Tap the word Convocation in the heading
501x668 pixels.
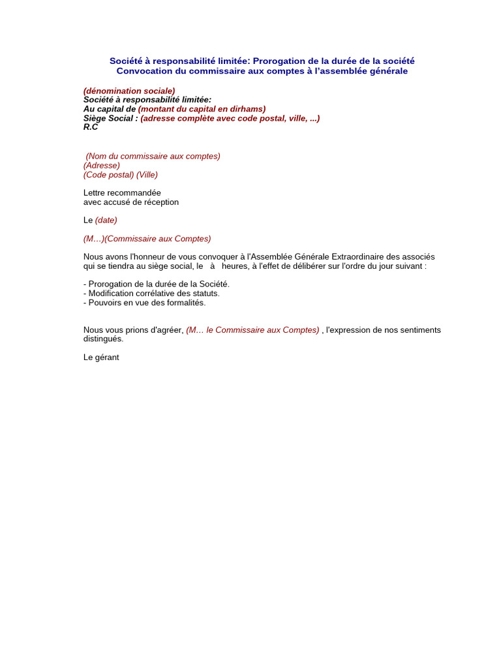click(x=144, y=71)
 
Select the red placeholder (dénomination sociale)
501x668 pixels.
click(x=129, y=91)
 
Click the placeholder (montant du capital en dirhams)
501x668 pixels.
click(x=202, y=109)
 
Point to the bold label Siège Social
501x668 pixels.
click(x=110, y=118)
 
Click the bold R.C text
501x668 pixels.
click(x=91, y=127)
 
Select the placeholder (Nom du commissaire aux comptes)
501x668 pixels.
click(x=153, y=156)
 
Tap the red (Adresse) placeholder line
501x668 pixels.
click(x=102, y=165)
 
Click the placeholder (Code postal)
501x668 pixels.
click(x=108, y=175)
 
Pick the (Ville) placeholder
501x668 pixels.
click(x=147, y=175)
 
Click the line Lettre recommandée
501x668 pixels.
click(x=122, y=193)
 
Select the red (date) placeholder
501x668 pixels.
click(x=106, y=220)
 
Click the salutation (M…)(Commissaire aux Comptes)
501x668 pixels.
click(x=147, y=239)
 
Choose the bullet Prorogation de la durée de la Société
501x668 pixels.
click(x=157, y=284)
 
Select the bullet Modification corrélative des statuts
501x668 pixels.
click(x=151, y=294)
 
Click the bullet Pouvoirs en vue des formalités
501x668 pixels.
click(x=144, y=303)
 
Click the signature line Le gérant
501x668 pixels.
click(x=101, y=357)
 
